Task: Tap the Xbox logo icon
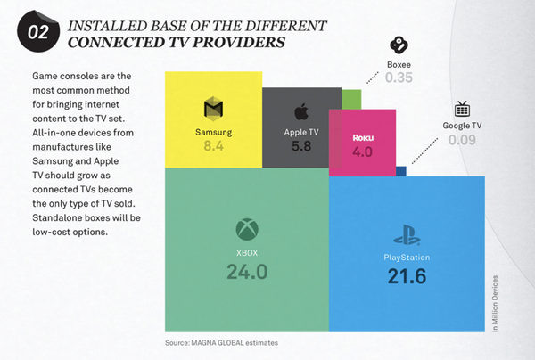[x=246, y=230]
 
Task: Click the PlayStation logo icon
[x=406, y=238]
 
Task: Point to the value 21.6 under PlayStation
[x=407, y=276]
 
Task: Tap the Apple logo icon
[x=301, y=111]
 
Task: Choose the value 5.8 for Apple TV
[x=301, y=146]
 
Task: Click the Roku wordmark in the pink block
[x=363, y=140]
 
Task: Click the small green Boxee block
[x=351, y=98]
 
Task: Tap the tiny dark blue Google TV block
[x=401, y=170]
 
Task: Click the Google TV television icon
[x=463, y=110]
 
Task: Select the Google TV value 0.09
[x=463, y=140]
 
